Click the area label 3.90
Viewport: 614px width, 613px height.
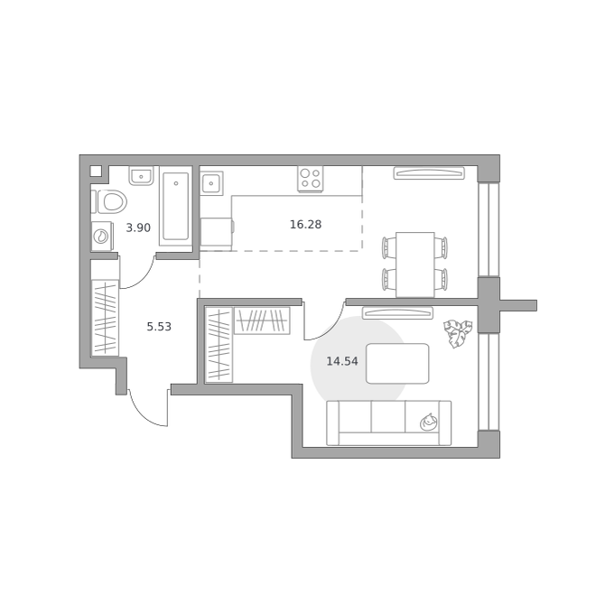[x=138, y=228]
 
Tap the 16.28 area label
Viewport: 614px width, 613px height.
[x=305, y=224]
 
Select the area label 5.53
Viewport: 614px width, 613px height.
[x=159, y=327]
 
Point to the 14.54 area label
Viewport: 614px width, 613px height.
[x=342, y=361]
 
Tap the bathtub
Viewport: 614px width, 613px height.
[x=176, y=206]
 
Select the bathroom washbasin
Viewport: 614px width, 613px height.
[x=141, y=176]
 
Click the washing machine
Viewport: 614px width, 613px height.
[x=102, y=236]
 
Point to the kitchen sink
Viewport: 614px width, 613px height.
[x=211, y=183]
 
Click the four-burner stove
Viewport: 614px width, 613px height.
[x=311, y=179]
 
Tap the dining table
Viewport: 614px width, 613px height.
[x=415, y=265]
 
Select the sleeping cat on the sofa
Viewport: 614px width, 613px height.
[x=428, y=422]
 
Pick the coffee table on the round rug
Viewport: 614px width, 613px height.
[x=397, y=364]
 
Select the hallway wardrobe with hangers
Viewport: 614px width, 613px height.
[x=105, y=318]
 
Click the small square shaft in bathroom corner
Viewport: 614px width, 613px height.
[x=96, y=171]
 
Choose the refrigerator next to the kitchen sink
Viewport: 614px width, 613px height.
[x=217, y=234]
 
